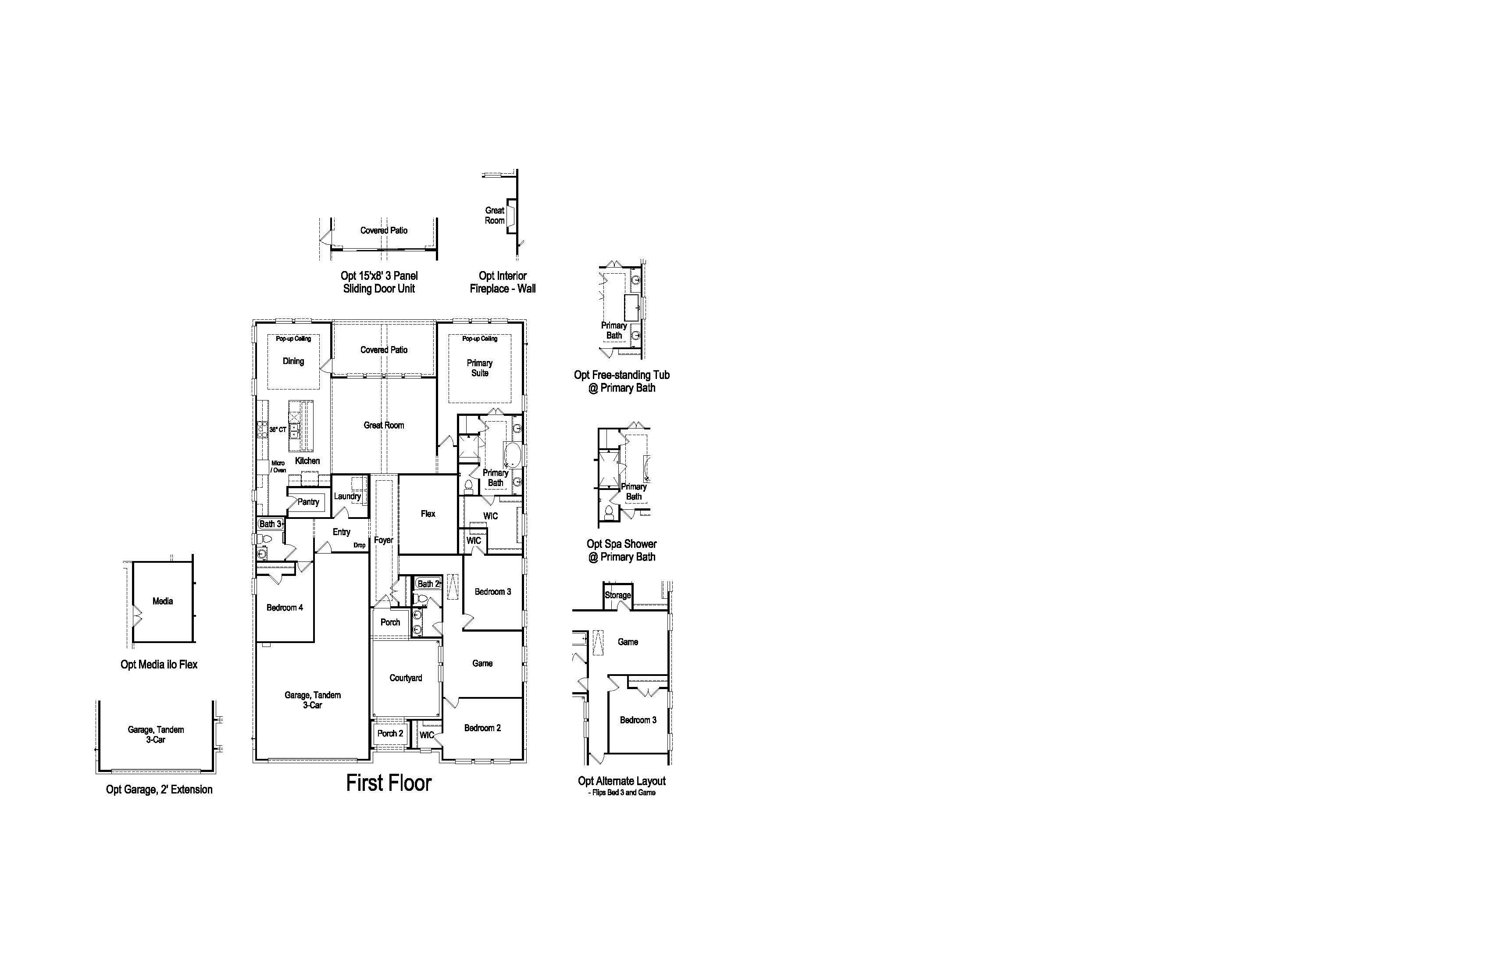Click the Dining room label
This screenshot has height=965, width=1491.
click(293, 361)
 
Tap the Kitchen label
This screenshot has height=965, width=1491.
click(307, 461)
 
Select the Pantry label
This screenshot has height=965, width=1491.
click(308, 502)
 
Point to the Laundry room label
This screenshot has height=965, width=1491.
click(347, 496)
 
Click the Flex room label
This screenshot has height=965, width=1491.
click(428, 514)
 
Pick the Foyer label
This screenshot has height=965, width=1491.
click(383, 540)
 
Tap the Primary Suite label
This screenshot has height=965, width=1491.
click(480, 368)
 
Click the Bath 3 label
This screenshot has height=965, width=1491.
click(271, 524)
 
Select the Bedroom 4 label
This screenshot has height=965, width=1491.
click(285, 607)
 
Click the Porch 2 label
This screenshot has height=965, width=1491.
click(390, 733)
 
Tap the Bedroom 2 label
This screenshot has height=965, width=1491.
click(482, 728)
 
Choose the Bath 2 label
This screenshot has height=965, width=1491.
click(428, 584)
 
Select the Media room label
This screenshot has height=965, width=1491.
click(163, 601)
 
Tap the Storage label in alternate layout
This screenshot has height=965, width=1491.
click(618, 595)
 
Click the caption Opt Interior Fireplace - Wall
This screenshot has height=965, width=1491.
click(503, 282)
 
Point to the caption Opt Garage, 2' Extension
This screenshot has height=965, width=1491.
click(159, 790)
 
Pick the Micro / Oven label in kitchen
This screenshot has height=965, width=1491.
click(278, 467)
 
